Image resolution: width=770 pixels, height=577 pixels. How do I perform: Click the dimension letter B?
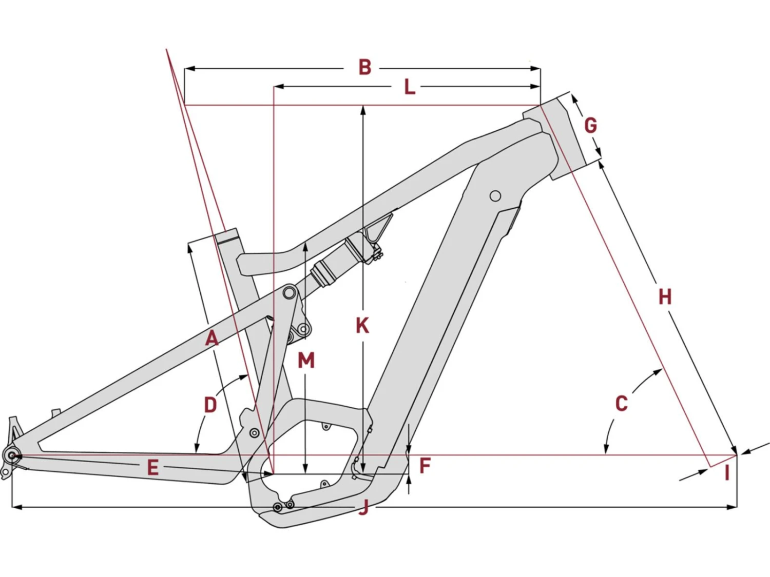[x=364, y=67]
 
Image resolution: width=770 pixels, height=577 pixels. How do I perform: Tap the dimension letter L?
[x=409, y=87]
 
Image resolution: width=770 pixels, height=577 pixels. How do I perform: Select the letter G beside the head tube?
[x=591, y=125]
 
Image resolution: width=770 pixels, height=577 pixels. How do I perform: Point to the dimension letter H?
[x=665, y=296]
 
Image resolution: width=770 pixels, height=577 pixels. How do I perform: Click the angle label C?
[x=621, y=404]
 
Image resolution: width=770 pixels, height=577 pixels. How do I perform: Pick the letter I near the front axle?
[x=727, y=473]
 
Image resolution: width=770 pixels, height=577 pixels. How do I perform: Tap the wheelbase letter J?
[x=363, y=508]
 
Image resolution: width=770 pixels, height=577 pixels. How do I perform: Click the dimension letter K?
[x=362, y=326]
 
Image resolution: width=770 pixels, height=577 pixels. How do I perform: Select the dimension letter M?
[x=306, y=361]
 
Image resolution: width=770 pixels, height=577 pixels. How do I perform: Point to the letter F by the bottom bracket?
[x=425, y=466]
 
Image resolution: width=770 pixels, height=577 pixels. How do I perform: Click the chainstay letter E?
[x=152, y=468]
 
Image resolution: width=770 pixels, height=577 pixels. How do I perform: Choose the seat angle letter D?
[x=210, y=405]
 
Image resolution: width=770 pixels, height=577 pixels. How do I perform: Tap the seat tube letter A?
[x=211, y=339]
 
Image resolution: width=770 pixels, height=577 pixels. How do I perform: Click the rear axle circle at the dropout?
[x=12, y=455]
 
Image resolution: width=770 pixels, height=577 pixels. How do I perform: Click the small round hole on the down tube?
[x=495, y=196]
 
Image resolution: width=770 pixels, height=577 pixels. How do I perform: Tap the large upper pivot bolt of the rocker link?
[x=290, y=293]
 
